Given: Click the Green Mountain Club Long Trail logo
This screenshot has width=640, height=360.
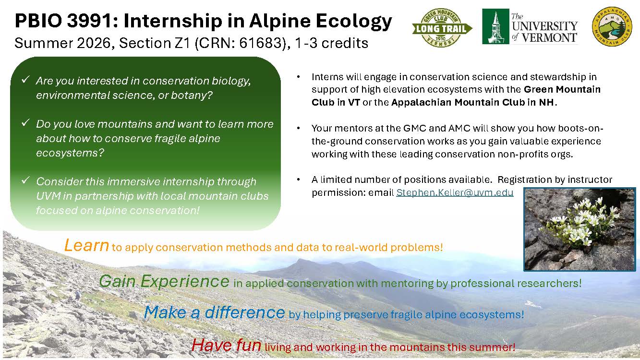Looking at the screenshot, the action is click(442, 28).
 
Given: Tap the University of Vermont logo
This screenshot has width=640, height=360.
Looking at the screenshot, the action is click(530, 26).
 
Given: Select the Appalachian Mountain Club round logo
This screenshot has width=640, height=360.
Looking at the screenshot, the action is click(612, 26).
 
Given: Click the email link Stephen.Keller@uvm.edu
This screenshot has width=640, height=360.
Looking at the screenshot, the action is click(455, 192).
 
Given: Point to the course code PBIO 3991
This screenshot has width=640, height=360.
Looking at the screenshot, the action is click(63, 21).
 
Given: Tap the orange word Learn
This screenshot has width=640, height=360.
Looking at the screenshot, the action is click(86, 245).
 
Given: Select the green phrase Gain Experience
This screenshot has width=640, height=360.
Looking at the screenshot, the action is click(164, 281).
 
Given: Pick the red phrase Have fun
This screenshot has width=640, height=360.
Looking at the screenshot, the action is click(226, 345).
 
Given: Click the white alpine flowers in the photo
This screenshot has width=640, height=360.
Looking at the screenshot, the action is click(580, 221).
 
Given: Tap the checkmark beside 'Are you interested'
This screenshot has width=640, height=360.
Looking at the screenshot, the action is click(26, 79).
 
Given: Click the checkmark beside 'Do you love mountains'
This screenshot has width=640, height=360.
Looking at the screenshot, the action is click(26, 123).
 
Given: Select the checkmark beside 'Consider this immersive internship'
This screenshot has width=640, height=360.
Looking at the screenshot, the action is click(26, 180).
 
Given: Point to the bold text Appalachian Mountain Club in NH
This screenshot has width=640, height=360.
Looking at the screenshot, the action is click(472, 102).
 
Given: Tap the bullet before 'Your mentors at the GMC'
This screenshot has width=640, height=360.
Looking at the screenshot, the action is click(298, 128).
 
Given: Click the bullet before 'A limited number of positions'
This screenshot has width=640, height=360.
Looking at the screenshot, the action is click(298, 180).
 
